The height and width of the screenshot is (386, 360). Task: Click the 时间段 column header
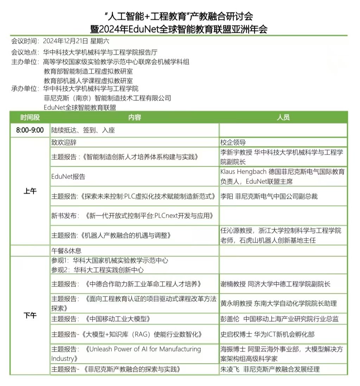point(30,117)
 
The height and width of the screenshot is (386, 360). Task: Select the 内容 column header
point(134,117)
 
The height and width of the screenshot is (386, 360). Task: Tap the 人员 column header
point(283,117)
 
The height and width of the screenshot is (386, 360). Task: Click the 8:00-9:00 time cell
point(30,130)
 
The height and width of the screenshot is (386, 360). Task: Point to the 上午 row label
point(30,191)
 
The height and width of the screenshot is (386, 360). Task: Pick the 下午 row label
point(30,315)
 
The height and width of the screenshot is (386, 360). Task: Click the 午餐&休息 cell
point(67,251)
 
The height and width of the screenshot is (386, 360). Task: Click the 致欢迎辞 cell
point(64,143)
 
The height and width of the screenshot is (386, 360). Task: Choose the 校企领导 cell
point(233,143)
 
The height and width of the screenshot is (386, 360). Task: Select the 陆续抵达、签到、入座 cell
point(83,130)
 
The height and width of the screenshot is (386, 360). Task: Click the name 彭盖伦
point(230,319)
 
